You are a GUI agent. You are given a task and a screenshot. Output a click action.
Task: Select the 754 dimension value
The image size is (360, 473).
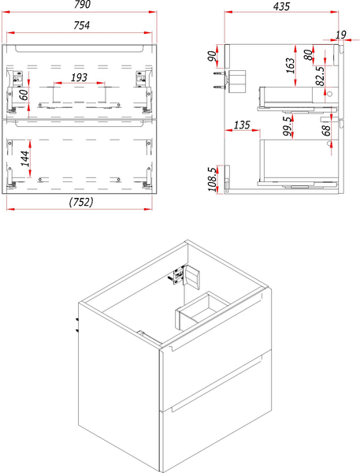coord(81,25)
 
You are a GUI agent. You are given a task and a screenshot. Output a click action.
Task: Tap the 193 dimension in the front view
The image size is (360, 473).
coord(80,77)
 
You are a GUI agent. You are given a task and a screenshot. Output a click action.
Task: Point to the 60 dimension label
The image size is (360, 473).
coord(24,94)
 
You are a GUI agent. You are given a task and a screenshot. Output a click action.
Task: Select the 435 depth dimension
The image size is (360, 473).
coord(280,6)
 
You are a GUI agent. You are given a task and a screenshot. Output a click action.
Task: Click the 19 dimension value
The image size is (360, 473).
coord(340,34)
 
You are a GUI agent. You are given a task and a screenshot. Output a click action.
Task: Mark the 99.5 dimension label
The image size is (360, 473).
coord(288,125)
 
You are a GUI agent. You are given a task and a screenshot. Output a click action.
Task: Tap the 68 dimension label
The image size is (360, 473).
coord(325,128)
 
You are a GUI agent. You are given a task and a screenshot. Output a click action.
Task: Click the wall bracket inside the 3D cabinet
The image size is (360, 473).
coord(187,276)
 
